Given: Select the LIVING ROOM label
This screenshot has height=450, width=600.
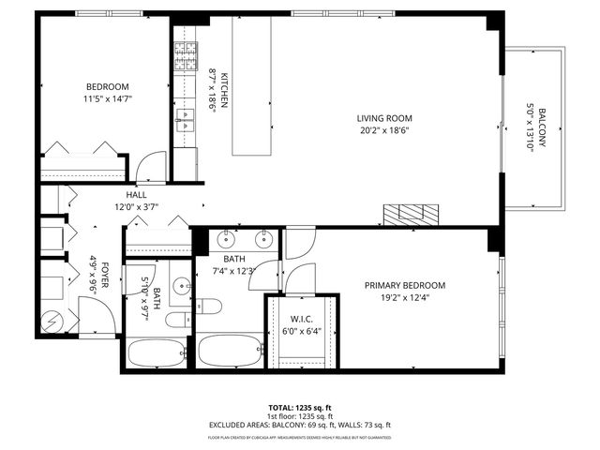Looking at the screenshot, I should coord(383,118).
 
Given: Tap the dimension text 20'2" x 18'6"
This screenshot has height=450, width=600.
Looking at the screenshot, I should coord(383,131).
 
